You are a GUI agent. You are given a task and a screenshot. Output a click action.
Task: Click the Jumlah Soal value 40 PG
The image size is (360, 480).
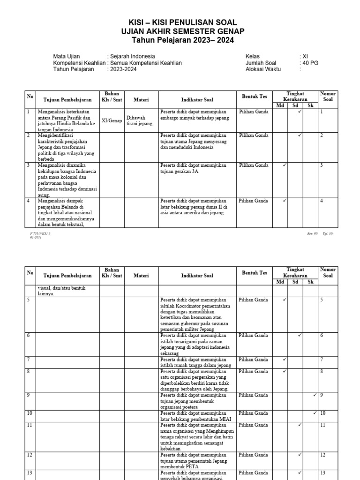click(310, 63)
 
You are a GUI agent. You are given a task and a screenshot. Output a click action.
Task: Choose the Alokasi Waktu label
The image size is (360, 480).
click(265, 69)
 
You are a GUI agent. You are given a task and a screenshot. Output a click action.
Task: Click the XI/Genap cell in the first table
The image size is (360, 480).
click(112, 120)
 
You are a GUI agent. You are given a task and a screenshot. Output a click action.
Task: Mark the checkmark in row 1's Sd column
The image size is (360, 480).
click(299, 112)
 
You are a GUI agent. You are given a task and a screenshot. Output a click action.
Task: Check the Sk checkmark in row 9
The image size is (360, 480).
click(315, 395)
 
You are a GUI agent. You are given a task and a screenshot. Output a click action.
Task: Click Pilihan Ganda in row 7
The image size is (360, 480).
click(254, 359)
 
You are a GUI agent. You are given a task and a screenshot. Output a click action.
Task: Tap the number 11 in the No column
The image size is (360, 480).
click(29, 425)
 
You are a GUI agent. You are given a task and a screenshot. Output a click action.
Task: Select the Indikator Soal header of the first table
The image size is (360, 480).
click(197, 99)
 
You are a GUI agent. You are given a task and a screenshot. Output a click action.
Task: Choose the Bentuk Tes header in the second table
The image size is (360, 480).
click(255, 273)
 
